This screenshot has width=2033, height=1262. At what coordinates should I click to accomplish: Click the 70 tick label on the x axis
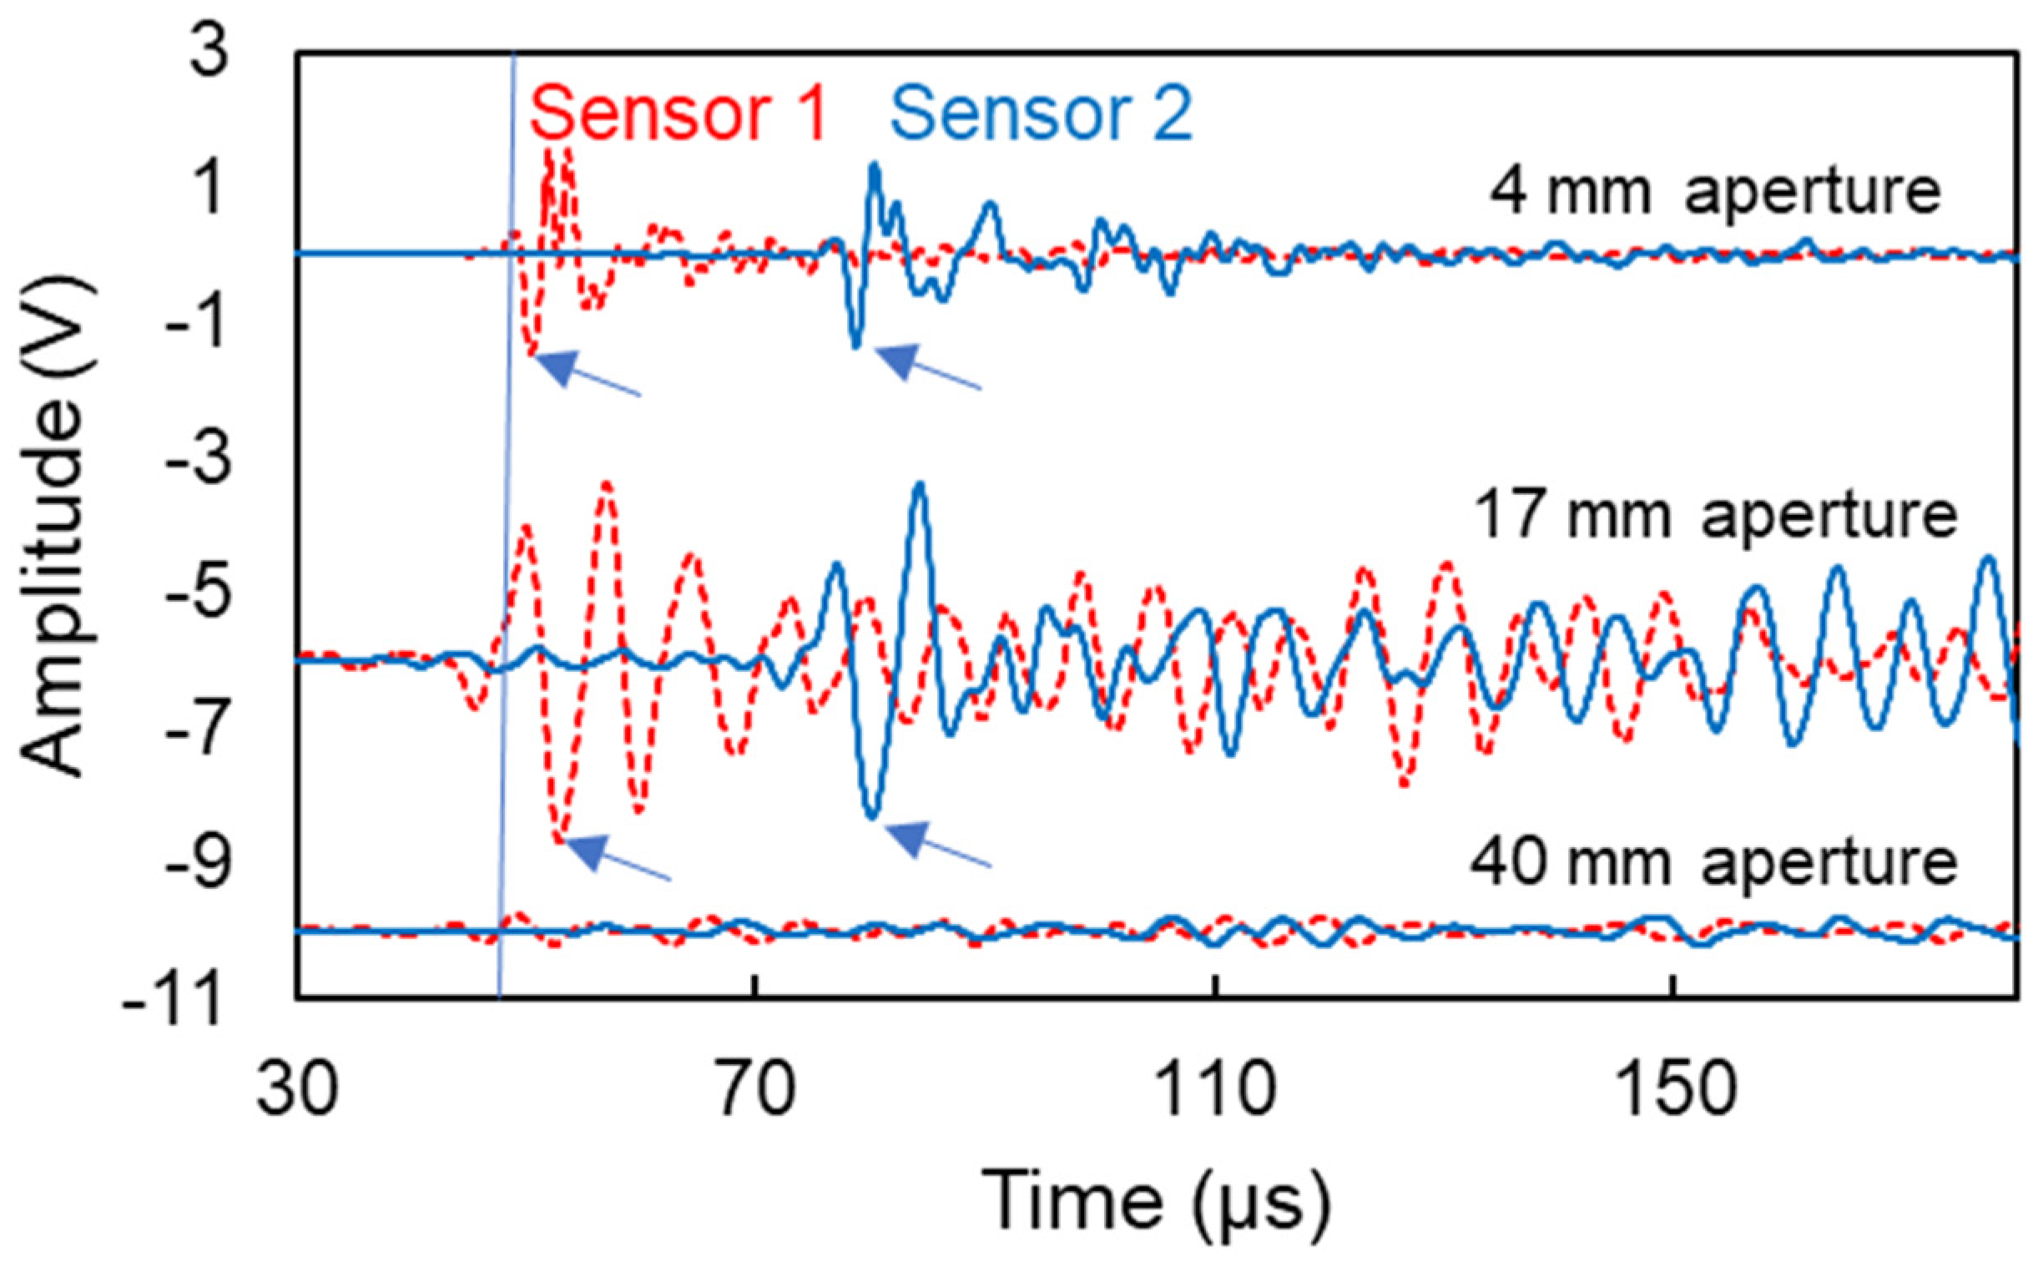(755, 1089)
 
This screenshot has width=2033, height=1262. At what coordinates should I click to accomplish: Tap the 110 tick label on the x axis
(1217, 1089)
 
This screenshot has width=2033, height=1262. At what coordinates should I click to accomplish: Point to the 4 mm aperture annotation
(1715, 192)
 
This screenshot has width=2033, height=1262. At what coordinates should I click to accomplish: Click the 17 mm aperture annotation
(1715, 515)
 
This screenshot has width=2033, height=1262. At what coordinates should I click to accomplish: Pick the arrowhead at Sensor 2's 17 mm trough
(908, 837)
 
